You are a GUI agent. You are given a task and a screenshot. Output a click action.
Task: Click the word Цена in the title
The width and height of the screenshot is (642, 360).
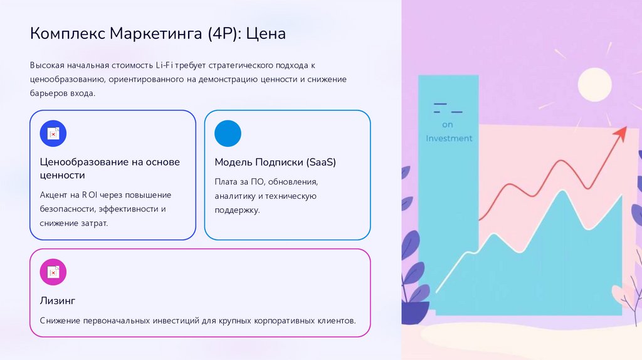(265, 33)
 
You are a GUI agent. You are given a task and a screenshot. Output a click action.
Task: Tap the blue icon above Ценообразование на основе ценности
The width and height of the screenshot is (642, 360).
(53, 133)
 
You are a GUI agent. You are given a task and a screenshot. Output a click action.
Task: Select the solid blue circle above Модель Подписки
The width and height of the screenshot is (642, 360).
(228, 133)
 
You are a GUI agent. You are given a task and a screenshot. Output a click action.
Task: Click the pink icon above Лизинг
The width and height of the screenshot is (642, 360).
(53, 272)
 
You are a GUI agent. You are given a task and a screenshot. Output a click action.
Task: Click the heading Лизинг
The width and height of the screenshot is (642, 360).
(58, 300)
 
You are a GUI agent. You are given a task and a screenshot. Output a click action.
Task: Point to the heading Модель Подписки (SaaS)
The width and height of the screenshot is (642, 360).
(275, 162)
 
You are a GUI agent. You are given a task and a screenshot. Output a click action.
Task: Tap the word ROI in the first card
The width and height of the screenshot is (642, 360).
(90, 195)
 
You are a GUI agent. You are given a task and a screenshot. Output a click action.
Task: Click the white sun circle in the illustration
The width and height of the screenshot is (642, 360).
(594, 84)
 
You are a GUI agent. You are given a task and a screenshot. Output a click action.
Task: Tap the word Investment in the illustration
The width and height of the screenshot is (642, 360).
(449, 138)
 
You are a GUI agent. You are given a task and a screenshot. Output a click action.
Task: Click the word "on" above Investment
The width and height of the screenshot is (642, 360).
(447, 124)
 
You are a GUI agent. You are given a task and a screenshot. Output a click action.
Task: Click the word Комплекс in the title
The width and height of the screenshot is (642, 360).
(68, 33)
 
